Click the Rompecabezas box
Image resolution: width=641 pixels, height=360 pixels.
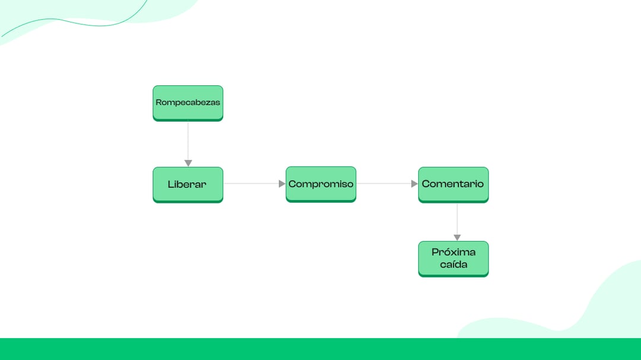(x=188, y=103)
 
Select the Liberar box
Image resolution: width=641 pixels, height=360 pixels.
(x=188, y=184)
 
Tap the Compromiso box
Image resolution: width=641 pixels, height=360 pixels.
(x=321, y=184)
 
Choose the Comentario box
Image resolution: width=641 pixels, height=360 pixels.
(x=453, y=184)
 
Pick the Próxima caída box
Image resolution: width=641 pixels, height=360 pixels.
(x=453, y=259)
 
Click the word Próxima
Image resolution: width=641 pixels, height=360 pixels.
(x=453, y=252)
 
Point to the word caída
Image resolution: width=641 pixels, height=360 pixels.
(x=453, y=265)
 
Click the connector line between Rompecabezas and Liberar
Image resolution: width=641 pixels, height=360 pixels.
(x=188, y=141)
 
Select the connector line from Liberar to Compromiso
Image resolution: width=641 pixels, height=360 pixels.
(x=251, y=183)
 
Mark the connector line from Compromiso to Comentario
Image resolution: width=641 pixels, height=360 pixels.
(x=384, y=183)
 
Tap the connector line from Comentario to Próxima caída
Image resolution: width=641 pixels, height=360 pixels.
(x=457, y=219)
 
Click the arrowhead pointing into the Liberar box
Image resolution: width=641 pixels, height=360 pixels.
(x=188, y=164)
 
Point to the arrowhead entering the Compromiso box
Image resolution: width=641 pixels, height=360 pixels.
(x=282, y=184)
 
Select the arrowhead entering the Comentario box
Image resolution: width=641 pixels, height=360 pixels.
(x=414, y=184)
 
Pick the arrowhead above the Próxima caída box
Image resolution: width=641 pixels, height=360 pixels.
(x=457, y=238)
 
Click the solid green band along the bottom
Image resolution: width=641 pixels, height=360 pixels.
(x=320, y=349)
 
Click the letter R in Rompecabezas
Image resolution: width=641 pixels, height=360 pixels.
(x=158, y=102)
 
